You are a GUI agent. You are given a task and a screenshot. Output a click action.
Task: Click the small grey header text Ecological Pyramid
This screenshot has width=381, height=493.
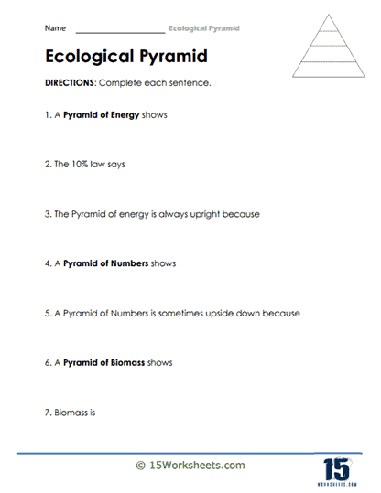(x=205, y=28)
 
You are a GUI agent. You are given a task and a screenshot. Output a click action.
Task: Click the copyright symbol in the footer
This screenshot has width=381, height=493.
(x=141, y=466)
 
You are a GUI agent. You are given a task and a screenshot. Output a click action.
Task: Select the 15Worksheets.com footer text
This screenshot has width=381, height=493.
(x=197, y=466)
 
